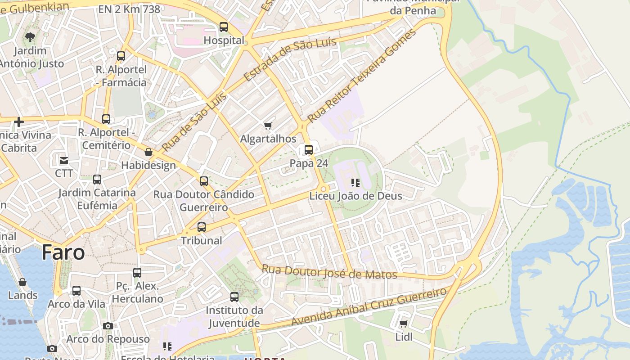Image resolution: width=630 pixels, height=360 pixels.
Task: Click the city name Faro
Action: (63, 253)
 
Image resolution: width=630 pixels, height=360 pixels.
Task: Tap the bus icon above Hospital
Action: (224, 27)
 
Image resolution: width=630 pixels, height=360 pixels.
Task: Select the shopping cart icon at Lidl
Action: (404, 324)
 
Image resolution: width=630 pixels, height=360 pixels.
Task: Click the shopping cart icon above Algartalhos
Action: (268, 126)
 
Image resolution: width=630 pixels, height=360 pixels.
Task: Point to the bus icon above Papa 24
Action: (309, 150)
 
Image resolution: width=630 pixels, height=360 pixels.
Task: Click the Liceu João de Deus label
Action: (355, 196)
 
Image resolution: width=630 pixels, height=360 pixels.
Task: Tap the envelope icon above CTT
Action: (64, 160)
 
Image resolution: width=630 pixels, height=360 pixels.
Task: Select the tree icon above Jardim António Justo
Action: (30, 37)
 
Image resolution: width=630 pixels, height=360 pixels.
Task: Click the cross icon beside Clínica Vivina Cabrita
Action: (19, 121)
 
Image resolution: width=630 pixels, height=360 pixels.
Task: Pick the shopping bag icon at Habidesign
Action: (148, 153)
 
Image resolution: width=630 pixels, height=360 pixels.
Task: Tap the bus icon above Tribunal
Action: (202, 227)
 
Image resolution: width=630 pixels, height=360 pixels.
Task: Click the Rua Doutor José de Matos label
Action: (329, 272)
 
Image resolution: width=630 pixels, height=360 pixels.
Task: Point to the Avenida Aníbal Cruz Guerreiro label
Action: (369, 307)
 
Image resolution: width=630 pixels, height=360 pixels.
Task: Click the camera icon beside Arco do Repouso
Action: (108, 326)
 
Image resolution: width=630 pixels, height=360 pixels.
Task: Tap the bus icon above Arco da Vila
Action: (76, 291)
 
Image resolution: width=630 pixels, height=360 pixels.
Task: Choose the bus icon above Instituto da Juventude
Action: (234, 297)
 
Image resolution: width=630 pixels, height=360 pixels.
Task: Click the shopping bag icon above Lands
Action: (22, 282)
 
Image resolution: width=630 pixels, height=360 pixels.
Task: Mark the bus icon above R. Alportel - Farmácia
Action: (121, 56)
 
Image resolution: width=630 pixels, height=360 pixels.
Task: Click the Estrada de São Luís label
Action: (290, 60)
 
